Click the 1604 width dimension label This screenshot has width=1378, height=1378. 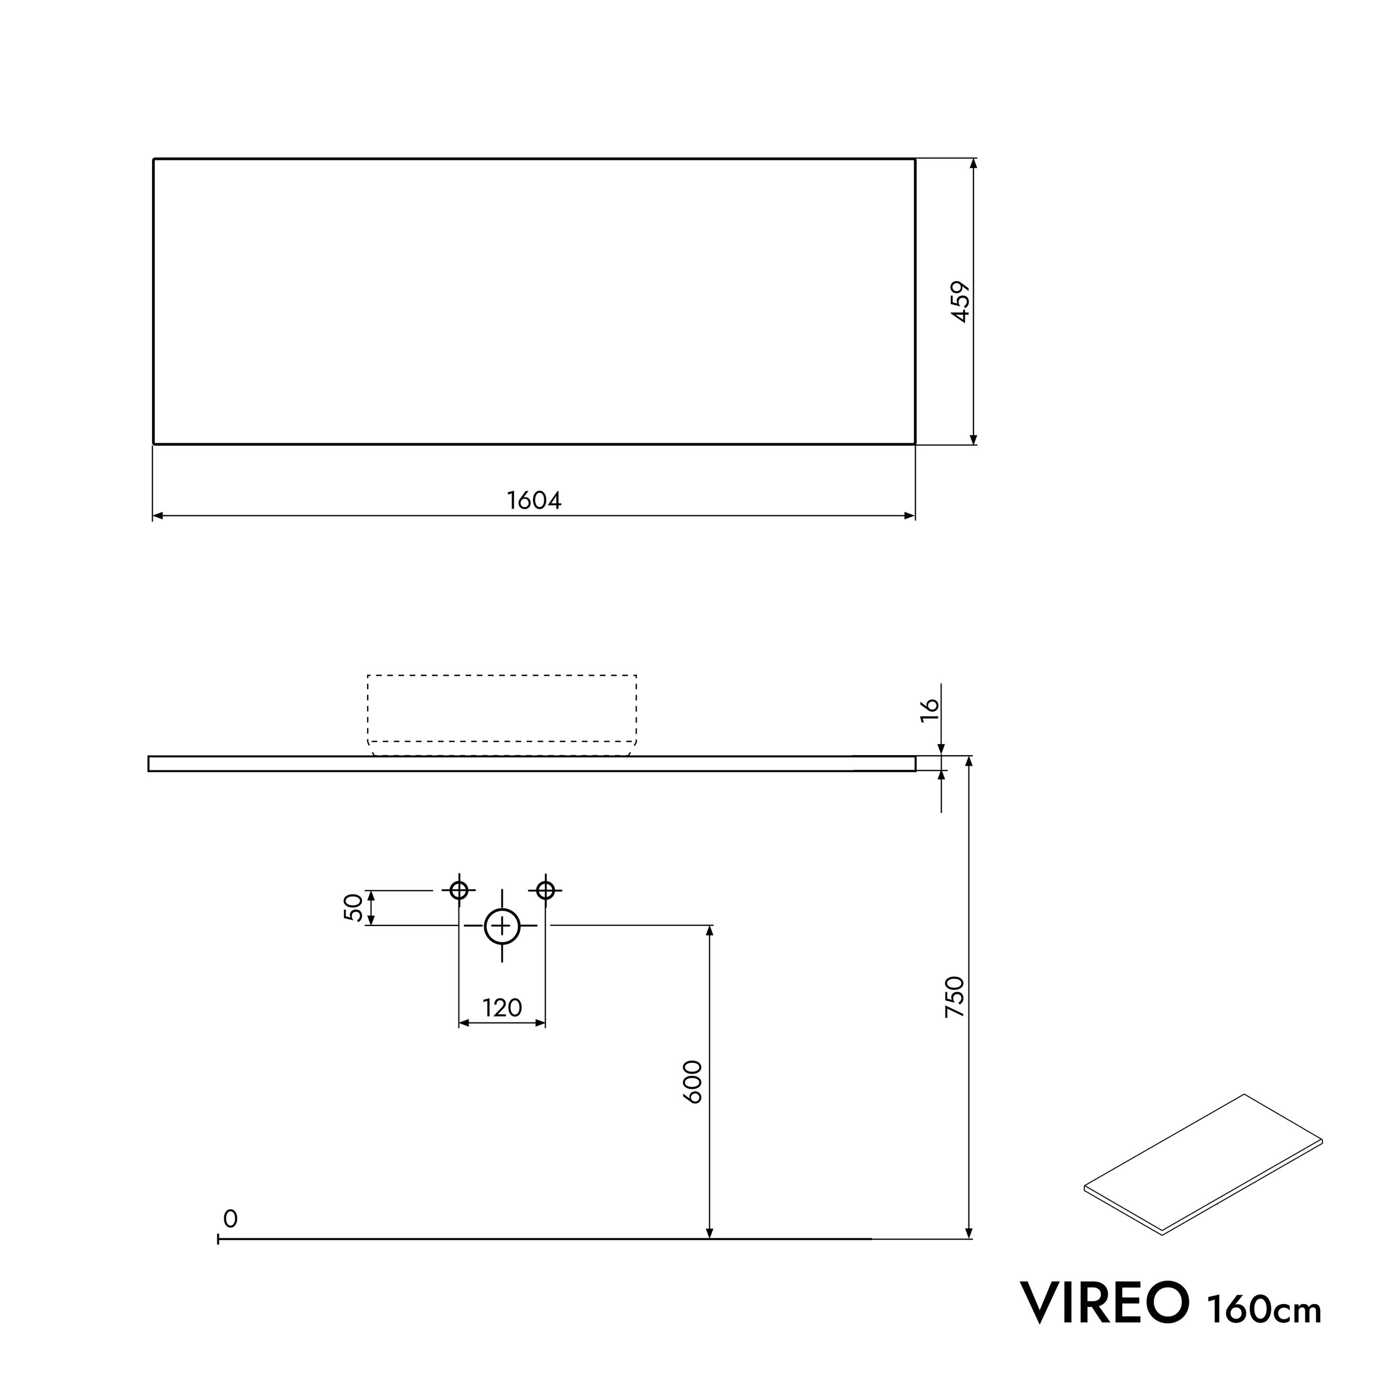coord(534,500)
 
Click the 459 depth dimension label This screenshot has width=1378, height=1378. coord(961,302)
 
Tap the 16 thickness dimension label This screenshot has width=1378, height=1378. coord(930,710)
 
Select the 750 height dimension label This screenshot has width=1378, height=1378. coord(954,997)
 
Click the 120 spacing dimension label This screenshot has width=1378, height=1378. coord(502,1008)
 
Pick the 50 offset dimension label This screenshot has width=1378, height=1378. coord(354,908)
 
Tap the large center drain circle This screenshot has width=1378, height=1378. coord(502,927)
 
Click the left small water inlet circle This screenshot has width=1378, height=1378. coord(459,890)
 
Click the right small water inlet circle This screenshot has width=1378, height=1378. coord(546,890)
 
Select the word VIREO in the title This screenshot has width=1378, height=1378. coord(1105,1302)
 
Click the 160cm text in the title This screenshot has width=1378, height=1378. coord(1264,1309)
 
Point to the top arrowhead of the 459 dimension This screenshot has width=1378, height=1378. coord(973,164)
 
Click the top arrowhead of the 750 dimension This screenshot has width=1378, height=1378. coord(968,762)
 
